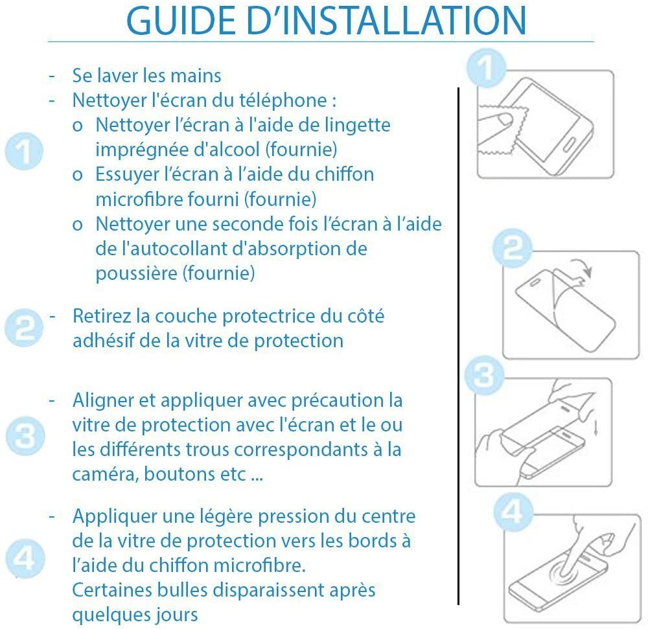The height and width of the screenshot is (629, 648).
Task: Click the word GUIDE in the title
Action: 181,21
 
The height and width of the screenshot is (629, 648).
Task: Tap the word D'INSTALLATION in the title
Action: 386,21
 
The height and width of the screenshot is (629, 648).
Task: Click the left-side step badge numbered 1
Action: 24,151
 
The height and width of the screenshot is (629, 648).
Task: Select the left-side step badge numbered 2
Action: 24,328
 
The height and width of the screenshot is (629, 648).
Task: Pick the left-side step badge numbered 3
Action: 25,436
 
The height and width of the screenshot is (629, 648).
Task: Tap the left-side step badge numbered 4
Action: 25,558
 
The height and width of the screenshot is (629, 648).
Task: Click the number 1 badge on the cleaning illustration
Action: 487,68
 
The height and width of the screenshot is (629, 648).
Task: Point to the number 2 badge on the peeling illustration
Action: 513,248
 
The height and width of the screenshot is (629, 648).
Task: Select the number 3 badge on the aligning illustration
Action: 484,375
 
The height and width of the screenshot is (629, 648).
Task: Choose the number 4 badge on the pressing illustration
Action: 513,512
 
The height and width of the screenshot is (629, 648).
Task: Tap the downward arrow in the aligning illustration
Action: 596,428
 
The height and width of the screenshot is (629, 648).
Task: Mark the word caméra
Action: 106,474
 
